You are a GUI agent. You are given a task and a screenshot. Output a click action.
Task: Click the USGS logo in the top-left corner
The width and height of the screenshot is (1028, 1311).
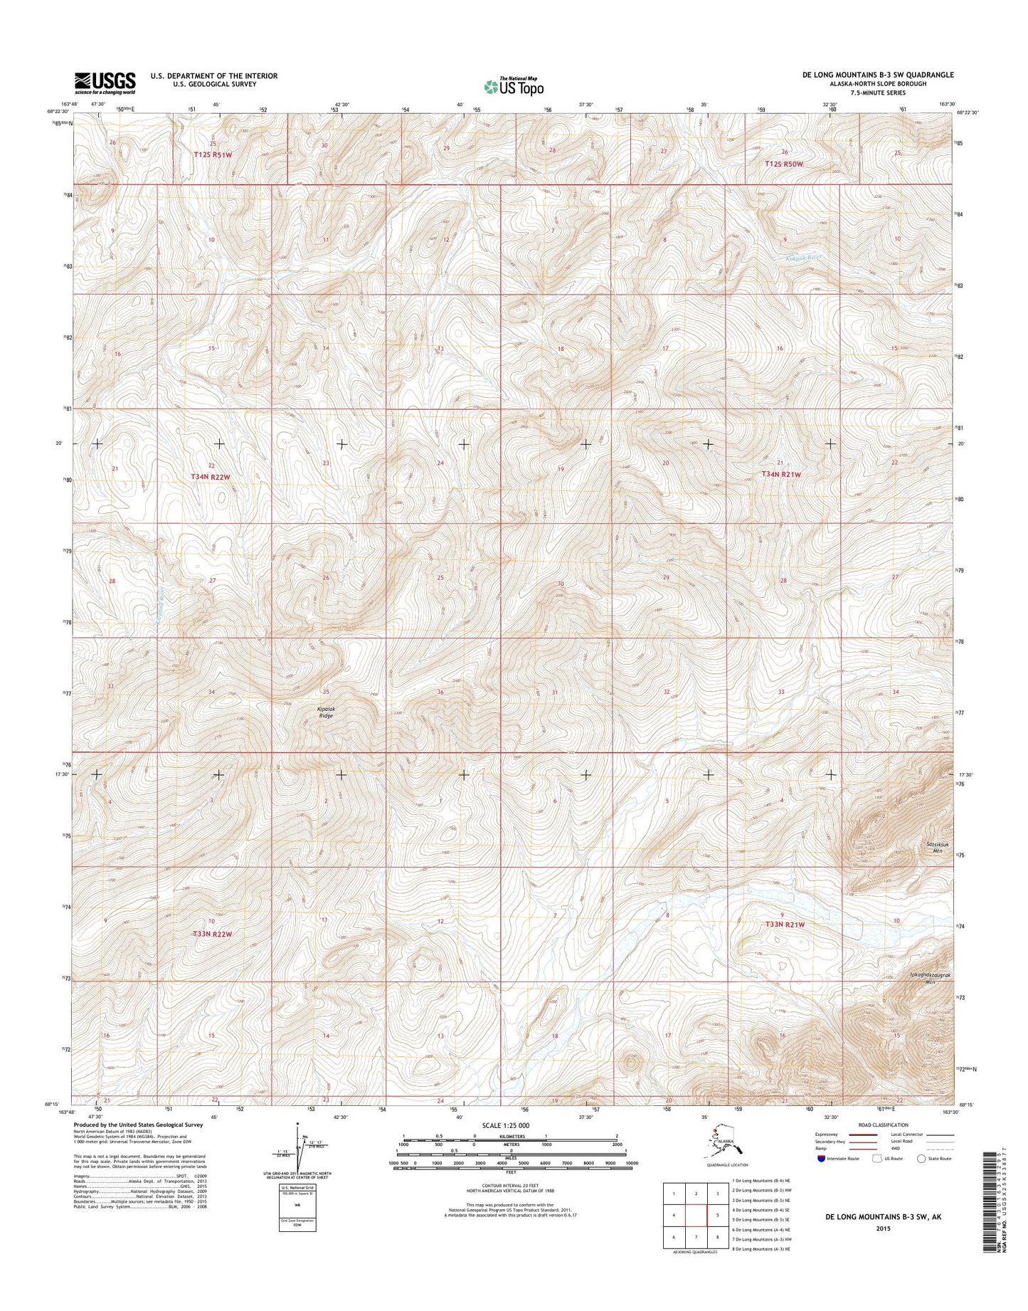coord(105,83)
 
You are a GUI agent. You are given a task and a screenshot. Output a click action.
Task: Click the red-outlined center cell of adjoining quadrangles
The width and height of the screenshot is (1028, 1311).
coord(697,1215)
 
